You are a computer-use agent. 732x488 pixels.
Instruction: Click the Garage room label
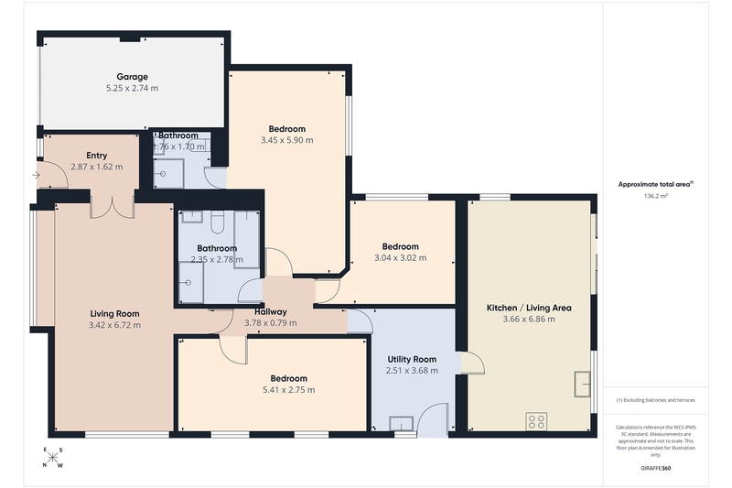pos(132,77)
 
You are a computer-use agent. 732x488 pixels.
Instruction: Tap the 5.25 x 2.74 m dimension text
pos(132,88)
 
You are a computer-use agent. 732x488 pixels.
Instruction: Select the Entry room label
pos(97,156)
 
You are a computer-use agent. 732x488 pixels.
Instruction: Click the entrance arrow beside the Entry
pos(37,175)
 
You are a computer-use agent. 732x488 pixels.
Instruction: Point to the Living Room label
pos(115,314)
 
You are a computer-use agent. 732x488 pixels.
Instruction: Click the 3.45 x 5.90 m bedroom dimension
pos(287,140)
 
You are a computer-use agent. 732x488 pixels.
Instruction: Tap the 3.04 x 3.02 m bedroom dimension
pos(401,258)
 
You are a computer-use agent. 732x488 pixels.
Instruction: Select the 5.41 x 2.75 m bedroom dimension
pos(289,389)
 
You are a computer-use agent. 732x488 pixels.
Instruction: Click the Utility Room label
pos(413,360)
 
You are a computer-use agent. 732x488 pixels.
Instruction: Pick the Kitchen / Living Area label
pos(529,308)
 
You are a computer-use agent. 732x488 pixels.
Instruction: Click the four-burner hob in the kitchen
pos(536,422)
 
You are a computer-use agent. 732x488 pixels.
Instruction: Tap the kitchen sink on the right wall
pos(583,384)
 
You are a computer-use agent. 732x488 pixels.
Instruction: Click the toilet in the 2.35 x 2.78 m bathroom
pos(218,222)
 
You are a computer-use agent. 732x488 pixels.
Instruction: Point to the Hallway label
pos(271,312)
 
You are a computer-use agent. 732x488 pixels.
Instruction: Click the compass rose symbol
pos(53,457)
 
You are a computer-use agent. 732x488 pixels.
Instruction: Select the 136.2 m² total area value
pos(656,196)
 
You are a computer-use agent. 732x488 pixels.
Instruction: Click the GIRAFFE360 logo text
pos(656,468)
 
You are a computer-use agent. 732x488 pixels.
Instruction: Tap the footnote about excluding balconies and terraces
pos(656,400)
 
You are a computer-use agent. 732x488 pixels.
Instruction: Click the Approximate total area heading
pos(655,184)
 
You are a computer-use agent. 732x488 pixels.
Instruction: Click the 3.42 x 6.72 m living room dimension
pos(115,325)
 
